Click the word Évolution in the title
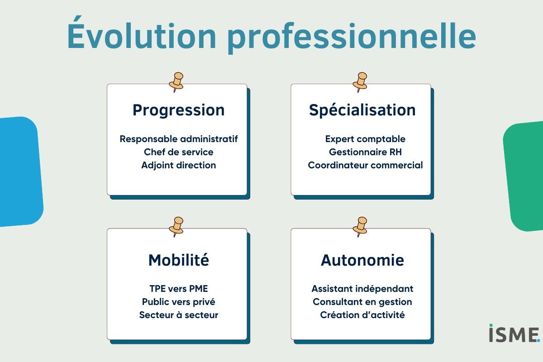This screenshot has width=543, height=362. [142, 33]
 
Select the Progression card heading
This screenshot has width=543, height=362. [179, 110]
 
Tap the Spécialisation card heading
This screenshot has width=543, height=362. [362, 110]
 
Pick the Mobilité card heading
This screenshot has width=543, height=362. [179, 260]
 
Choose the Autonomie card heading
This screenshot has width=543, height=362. [362, 260]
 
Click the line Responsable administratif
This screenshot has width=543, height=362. [179, 139]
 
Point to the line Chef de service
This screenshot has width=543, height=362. [179, 152]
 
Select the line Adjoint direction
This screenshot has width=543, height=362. [179, 165]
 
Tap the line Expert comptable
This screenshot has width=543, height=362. [365, 139]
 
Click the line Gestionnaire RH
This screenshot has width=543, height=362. [365, 152]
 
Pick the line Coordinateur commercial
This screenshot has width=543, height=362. [365, 165]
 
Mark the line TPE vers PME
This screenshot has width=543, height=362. [179, 289]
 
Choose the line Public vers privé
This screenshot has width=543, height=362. [179, 302]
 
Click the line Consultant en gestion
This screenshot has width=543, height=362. [362, 302]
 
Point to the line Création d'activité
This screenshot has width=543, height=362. [362, 315]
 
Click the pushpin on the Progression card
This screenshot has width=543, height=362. [176, 82]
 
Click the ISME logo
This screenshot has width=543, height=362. [514, 333]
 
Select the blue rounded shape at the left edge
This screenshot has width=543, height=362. [21, 171]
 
